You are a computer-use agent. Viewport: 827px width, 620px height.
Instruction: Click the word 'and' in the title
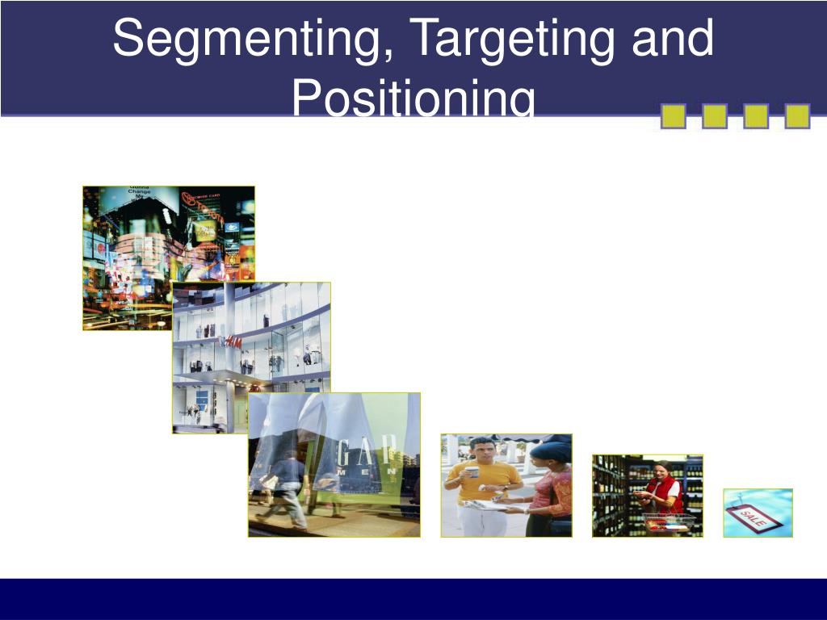(672, 39)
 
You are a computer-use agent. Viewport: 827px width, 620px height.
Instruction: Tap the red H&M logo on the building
(233, 342)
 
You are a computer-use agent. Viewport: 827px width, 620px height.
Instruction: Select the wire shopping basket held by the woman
(668, 522)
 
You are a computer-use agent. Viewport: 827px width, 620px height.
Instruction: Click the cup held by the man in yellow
(472, 473)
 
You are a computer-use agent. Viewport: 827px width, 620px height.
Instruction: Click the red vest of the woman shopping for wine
(665, 492)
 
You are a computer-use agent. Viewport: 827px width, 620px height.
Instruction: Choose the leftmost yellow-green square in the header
(673, 116)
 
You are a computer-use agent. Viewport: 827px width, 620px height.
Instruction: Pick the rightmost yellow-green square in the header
(797, 116)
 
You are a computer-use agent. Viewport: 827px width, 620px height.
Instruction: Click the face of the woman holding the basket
(661, 470)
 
